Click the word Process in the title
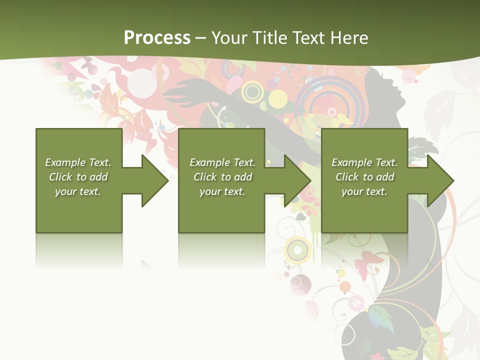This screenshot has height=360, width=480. (x=157, y=37)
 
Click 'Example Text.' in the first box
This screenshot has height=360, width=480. (x=78, y=162)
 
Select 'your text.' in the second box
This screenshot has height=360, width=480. (x=222, y=191)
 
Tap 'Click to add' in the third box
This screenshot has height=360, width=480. (x=364, y=177)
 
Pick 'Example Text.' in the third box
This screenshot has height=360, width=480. (x=364, y=162)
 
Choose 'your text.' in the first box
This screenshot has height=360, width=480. (x=78, y=191)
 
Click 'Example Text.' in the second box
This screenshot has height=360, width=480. (x=222, y=162)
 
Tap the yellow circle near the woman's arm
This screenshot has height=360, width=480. (x=277, y=98)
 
